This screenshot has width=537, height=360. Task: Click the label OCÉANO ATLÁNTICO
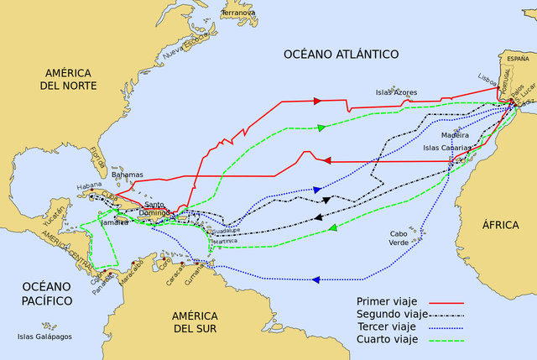point(340,54)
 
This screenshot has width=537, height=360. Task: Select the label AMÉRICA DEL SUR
point(195,321)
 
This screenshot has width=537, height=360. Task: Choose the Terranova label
point(239,13)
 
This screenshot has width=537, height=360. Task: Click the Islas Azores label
point(396,91)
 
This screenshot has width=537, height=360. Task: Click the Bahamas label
point(128,175)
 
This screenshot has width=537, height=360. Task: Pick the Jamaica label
point(115,223)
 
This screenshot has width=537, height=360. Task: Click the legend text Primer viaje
point(385,301)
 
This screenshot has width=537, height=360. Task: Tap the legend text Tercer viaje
point(385,326)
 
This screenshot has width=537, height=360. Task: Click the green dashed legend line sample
point(446,340)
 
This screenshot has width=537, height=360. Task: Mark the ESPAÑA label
point(518,59)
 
